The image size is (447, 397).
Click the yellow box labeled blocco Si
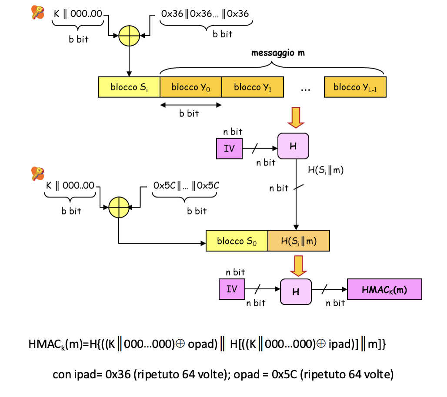[x=129, y=87]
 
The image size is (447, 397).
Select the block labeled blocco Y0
[x=191, y=87]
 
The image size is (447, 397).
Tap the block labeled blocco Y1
[x=253, y=87]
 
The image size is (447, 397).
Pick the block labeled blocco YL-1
[x=355, y=87]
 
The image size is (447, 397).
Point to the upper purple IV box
[x=229, y=149]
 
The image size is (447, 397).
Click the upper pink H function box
[x=293, y=146]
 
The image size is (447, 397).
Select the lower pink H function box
[x=296, y=291]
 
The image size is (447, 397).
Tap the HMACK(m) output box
[x=385, y=289]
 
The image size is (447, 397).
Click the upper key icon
[x=38, y=12]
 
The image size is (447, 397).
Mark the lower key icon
[x=38, y=173]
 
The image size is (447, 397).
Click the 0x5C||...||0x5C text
[x=186, y=185]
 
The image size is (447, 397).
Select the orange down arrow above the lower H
[x=297, y=265]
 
